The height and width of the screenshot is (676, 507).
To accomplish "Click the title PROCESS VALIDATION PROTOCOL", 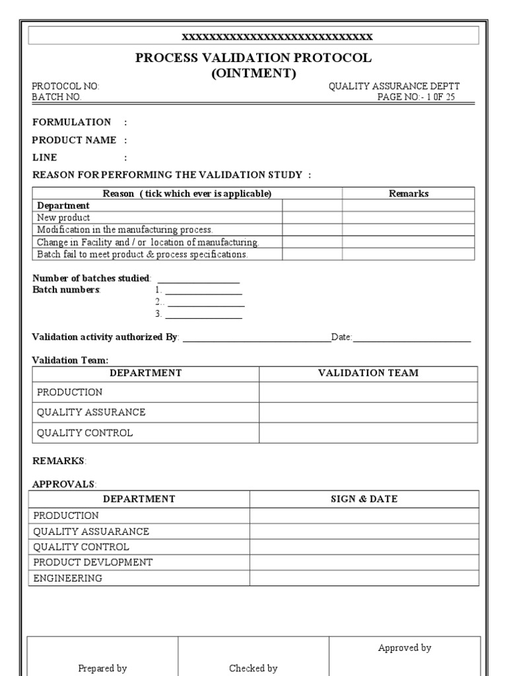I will pyautogui.click(x=253, y=58).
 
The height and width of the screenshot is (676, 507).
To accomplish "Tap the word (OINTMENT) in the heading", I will pyautogui.click(x=253, y=73).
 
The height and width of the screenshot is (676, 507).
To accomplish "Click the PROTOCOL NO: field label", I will pyautogui.click(x=66, y=86).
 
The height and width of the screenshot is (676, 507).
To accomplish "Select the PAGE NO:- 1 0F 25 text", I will pyautogui.click(x=415, y=97).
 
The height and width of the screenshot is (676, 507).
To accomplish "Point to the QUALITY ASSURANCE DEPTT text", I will pyautogui.click(x=394, y=86).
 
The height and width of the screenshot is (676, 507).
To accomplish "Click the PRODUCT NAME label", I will pyautogui.click(x=75, y=140).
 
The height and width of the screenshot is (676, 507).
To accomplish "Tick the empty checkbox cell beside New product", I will pyautogui.click(x=312, y=218).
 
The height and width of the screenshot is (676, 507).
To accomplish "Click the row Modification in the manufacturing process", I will pyautogui.click(x=125, y=230).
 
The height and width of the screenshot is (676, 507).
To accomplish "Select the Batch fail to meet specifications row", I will pyautogui.click(x=142, y=254).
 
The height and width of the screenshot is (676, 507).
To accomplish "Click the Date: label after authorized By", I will pyautogui.click(x=342, y=337).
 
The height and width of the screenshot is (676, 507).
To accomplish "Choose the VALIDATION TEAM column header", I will pyautogui.click(x=368, y=373).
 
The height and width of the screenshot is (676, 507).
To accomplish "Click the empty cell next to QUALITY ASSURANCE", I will pyautogui.click(x=368, y=413).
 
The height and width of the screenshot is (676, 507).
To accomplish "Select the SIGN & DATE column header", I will pyautogui.click(x=364, y=499).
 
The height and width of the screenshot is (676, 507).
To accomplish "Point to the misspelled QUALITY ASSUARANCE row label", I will pyautogui.click(x=91, y=531).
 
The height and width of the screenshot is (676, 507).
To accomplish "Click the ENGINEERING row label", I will pyautogui.click(x=68, y=578).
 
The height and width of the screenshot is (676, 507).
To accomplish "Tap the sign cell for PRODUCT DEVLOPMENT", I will pyautogui.click(x=364, y=562).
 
